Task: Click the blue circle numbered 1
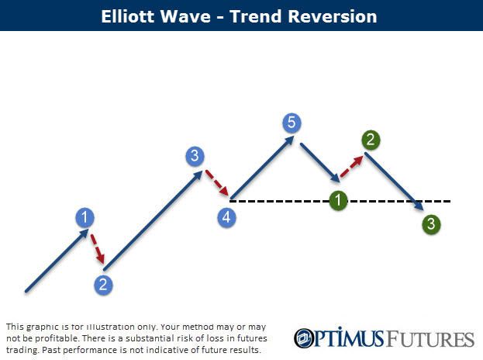pyautogui.click(x=85, y=217)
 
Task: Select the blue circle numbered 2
pyautogui.click(x=102, y=284)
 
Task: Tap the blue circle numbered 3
pyautogui.click(x=195, y=156)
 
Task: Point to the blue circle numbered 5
pyautogui.click(x=292, y=122)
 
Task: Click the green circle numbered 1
pyautogui.click(x=337, y=200)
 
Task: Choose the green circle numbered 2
pyautogui.click(x=371, y=140)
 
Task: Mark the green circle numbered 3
pyautogui.click(x=432, y=225)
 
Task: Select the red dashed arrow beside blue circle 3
pyautogui.click(x=216, y=183)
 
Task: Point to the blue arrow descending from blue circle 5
pyautogui.click(x=318, y=160)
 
